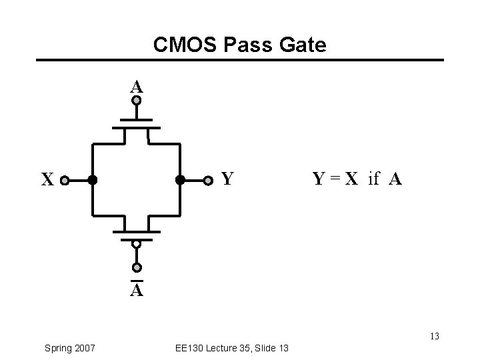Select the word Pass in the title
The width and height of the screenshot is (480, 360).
click(249, 45)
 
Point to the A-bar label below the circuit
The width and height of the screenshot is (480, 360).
click(136, 291)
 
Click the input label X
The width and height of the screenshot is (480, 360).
click(47, 180)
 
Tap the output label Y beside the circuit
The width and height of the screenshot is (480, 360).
click(227, 179)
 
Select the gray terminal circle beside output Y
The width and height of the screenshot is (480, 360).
click(209, 179)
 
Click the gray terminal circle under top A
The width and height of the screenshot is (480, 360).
click(136, 101)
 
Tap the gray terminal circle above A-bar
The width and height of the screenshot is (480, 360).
click(136, 268)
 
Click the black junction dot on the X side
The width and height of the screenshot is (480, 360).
click(92, 179)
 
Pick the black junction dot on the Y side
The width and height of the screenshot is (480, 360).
click(179, 179)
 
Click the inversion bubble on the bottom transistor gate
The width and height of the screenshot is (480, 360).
click(136, 244)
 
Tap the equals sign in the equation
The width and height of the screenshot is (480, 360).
click(335, 179)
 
